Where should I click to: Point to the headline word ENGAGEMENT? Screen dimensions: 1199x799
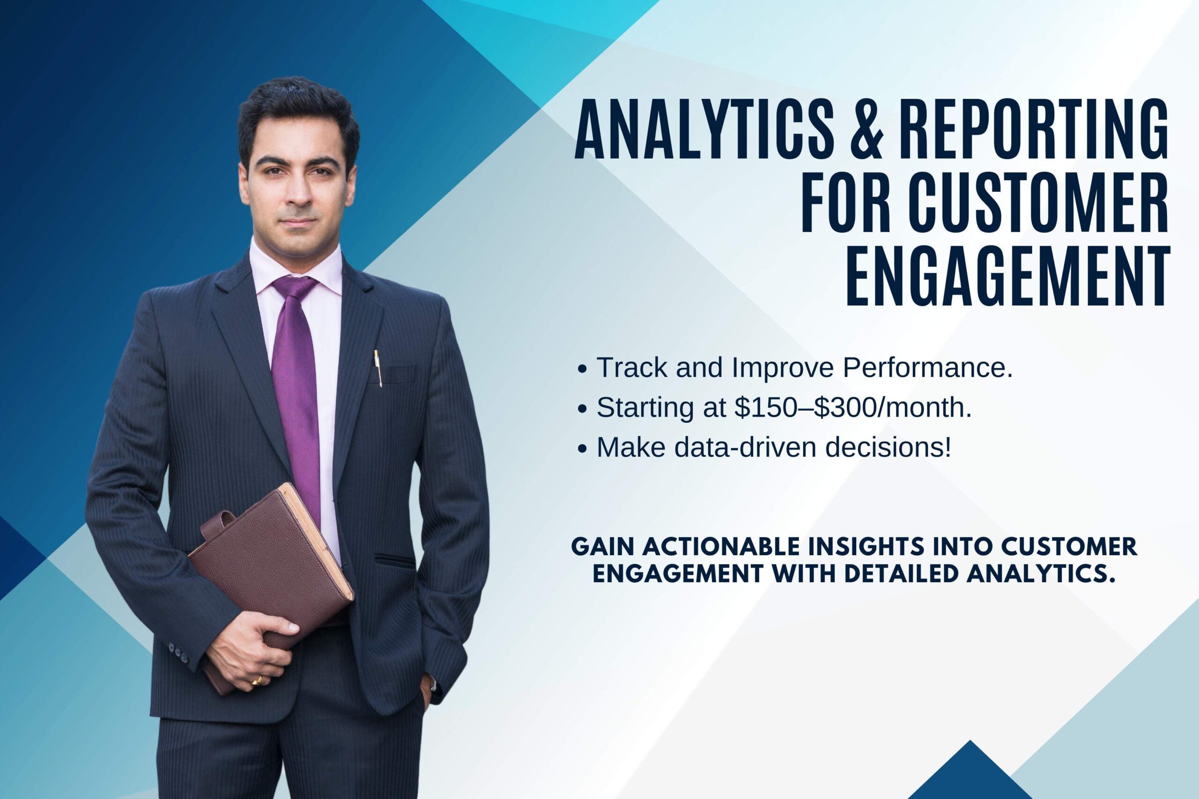click(1007, 277)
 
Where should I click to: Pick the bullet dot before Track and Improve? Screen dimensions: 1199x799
click(582, 369)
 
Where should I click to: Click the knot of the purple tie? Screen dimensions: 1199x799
click(294, 288)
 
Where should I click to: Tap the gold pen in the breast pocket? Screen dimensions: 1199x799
click(378, 368)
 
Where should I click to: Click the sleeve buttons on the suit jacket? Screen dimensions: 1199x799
click(178, 652)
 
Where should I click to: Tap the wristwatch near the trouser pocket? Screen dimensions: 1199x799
click(432, 682)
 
